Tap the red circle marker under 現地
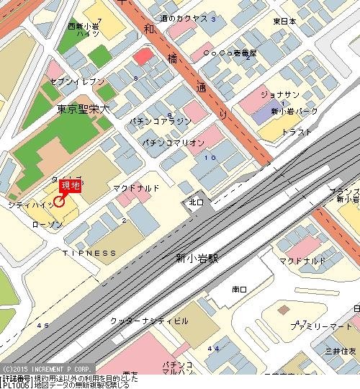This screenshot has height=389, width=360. point(59,201)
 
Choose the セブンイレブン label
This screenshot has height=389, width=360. point(77,82)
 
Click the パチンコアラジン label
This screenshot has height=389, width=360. point(161,121)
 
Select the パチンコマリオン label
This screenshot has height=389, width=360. point(173,143)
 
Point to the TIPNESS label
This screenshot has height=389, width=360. point(89,253)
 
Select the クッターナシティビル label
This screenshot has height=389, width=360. point(150,320)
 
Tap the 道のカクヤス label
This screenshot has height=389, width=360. point(184,18)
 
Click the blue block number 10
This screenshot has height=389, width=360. point(210,157)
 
